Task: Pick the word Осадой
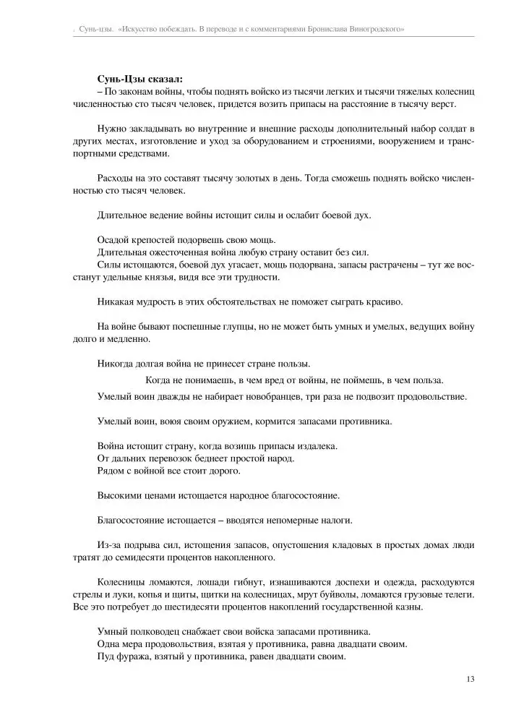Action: pos(113,241)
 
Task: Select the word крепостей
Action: pos(155,241)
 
